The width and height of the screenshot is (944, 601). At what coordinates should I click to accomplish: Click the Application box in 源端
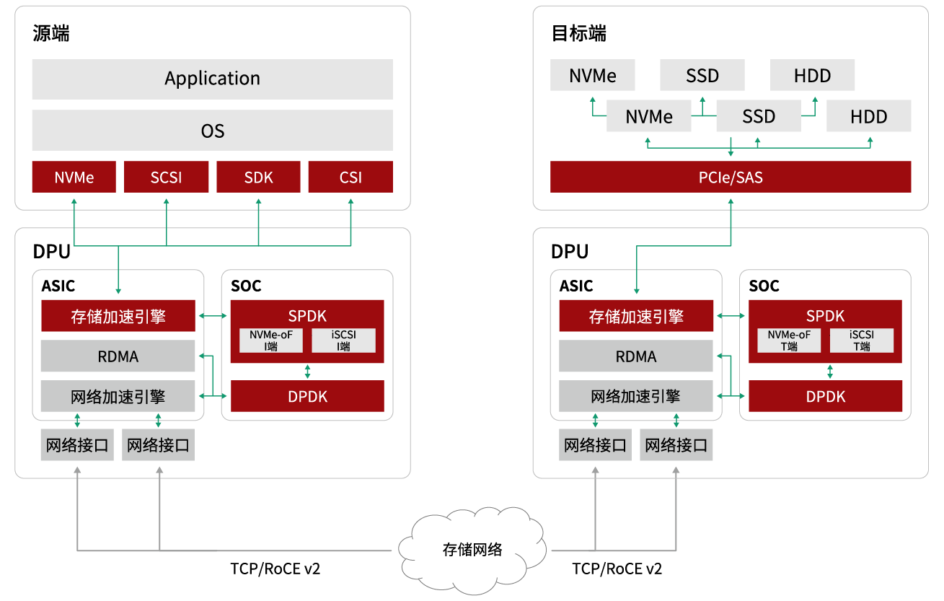[212, 79]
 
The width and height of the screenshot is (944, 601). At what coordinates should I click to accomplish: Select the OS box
[212, 131]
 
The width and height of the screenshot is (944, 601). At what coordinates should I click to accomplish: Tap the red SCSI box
[166, 177]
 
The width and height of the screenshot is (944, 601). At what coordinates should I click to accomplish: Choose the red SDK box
[258, 177]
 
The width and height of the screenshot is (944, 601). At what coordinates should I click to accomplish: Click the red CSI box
[350, 177]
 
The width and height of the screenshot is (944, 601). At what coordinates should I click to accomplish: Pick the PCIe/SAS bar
[730, 177]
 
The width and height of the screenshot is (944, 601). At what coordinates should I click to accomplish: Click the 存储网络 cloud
[472, 550]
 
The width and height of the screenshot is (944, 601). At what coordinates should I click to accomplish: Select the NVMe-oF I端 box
[271, 341]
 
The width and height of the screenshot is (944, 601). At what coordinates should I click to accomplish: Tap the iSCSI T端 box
[861, 341]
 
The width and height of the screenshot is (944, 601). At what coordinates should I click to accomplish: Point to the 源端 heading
[51, 33]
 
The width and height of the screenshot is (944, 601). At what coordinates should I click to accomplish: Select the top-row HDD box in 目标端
[812, 76]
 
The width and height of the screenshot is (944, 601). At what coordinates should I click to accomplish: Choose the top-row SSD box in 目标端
[702, 76]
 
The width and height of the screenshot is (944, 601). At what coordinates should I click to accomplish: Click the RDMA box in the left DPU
[118, 356]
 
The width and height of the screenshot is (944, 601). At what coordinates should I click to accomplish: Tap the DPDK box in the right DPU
[825, 396]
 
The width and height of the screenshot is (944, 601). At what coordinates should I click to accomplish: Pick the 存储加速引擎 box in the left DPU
[118, 316]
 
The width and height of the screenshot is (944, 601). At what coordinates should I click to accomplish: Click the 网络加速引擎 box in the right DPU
[635, 396]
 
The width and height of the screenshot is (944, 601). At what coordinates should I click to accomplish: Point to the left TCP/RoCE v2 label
[275, 569]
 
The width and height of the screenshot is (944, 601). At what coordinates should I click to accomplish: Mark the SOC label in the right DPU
[764, 286]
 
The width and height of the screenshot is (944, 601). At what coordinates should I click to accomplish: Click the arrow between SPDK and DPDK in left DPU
[308, 372]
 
